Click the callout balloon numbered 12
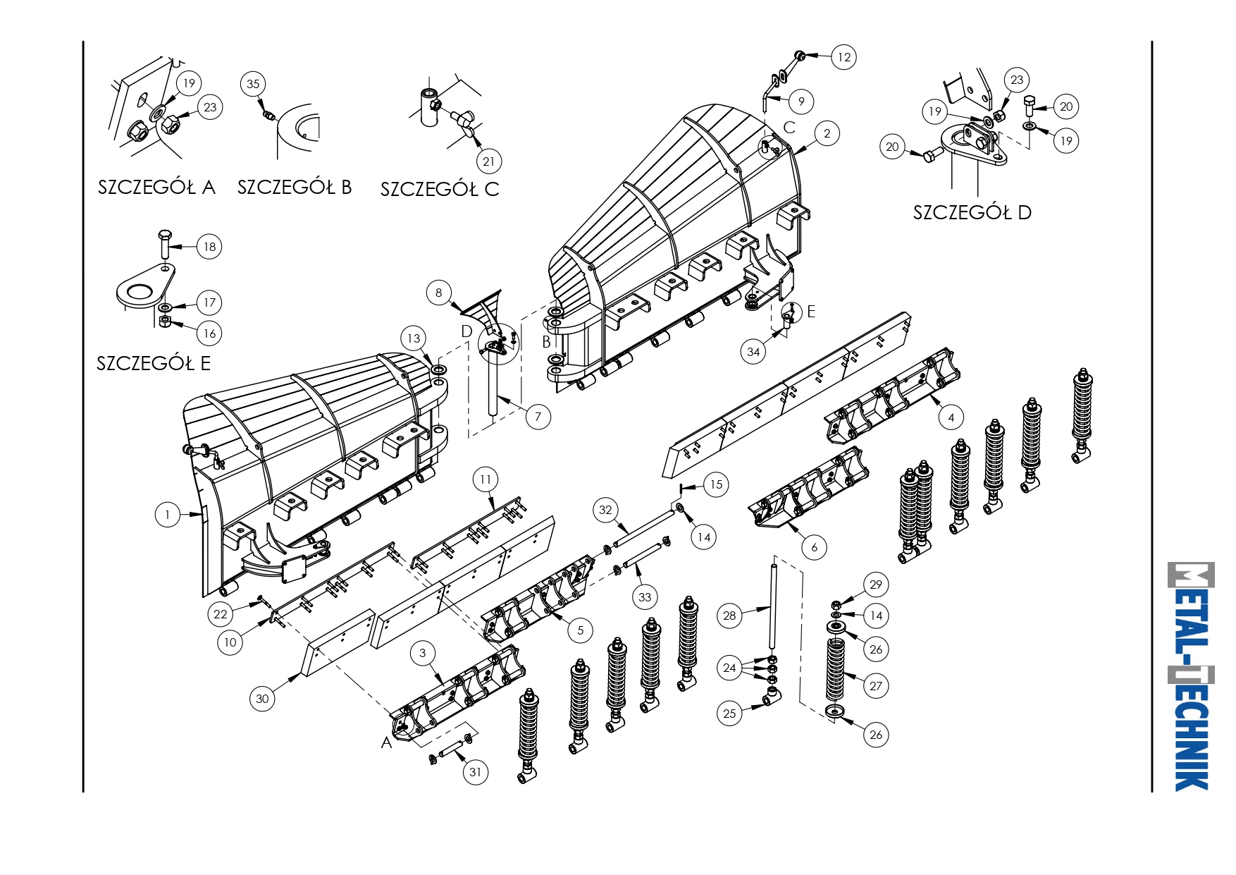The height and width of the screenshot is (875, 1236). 843,57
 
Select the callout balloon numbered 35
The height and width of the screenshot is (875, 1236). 253,84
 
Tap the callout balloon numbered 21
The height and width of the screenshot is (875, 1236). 488,161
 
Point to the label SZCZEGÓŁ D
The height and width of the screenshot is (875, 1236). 972,212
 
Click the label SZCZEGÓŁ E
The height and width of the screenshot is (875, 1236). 154,363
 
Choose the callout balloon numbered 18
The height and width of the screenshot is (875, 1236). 209,247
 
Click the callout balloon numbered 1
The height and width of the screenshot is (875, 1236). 167,515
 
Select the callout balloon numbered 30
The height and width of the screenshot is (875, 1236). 262,699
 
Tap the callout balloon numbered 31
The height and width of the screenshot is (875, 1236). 476,772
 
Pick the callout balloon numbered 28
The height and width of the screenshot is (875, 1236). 729,616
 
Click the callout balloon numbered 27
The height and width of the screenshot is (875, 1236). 876,686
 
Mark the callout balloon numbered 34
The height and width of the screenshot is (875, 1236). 753,351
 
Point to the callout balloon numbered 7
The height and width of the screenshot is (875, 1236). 538,417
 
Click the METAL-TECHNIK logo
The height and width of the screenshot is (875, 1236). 1191,676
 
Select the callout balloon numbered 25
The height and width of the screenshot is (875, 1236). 729,713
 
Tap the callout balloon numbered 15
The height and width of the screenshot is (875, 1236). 716,484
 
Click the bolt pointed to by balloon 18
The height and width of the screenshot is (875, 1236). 164,244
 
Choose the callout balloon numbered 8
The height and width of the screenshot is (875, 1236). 438,293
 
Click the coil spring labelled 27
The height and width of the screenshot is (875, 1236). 835,670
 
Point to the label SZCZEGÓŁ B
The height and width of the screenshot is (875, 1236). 295,187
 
